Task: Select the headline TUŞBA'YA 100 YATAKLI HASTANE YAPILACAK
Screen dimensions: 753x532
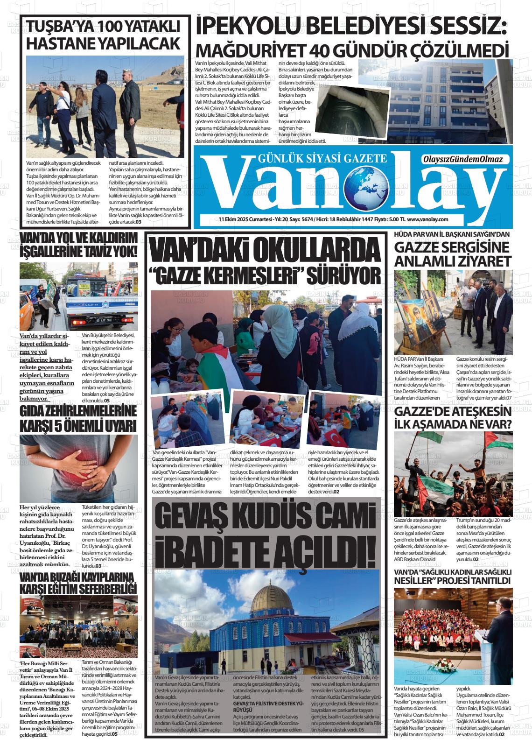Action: coord(103,35)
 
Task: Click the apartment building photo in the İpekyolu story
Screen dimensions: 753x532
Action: coord(447,101)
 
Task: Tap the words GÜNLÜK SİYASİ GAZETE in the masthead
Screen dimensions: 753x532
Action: coord(322,159)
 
